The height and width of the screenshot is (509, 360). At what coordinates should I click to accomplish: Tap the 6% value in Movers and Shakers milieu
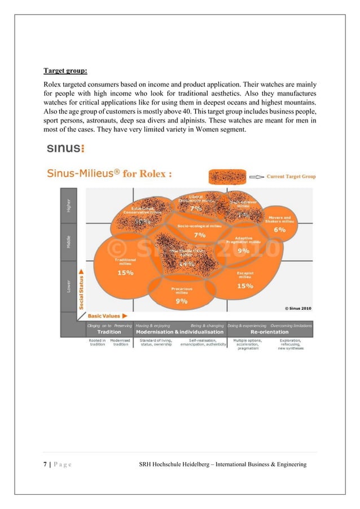click(x=280, y=230)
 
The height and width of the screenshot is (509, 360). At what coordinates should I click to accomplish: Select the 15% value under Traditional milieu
click(x=125, y=273)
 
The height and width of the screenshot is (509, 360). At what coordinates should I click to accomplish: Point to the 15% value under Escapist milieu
click(x=245, y=286)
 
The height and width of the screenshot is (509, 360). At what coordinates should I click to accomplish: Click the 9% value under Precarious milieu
click(x=182, y=301)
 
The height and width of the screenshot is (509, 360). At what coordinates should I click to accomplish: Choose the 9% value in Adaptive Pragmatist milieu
click(x=243, y=250)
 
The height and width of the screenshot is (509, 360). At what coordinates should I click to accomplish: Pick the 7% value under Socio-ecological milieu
click(x=200, y=234)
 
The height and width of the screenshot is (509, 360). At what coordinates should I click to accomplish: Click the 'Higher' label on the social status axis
click(x=69, y=205)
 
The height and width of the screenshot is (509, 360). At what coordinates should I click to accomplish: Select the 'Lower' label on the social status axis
click(x=69, y=287)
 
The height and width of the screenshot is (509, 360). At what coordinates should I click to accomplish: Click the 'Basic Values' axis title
click(x=103, y=316)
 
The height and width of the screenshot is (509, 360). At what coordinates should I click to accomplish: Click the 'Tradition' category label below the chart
click(x=109, y=332)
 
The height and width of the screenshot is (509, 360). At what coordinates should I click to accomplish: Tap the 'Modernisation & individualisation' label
click(x=180, y=332)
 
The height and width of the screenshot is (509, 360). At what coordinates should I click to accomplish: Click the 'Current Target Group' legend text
click(x=291, y=177)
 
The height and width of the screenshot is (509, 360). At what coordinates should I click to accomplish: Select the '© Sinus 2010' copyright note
click(x=296, y=308)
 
